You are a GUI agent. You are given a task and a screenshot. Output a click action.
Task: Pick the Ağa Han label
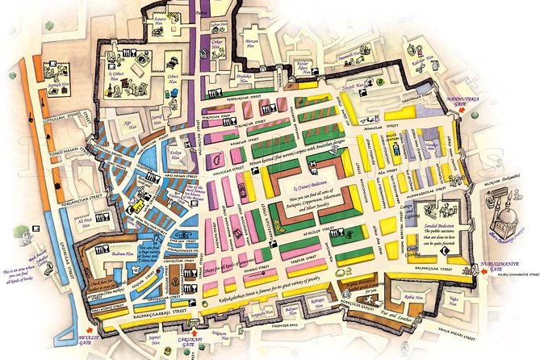[x=128, y=126]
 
